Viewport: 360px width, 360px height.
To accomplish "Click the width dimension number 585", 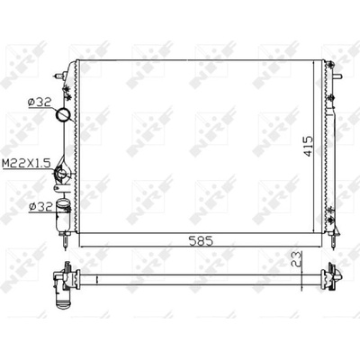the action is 201,240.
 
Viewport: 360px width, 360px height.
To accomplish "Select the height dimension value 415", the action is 308,147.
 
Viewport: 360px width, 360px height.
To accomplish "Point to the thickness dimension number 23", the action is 296,259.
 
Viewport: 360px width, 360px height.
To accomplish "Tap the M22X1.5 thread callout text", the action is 25,164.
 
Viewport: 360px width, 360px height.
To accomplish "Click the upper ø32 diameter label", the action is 39,103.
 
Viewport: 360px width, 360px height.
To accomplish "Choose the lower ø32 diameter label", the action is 41,206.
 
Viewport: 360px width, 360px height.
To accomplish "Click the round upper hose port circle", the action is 63,114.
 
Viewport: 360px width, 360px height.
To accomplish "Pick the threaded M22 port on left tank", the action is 62,174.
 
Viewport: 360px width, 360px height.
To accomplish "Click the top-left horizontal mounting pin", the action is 60,76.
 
